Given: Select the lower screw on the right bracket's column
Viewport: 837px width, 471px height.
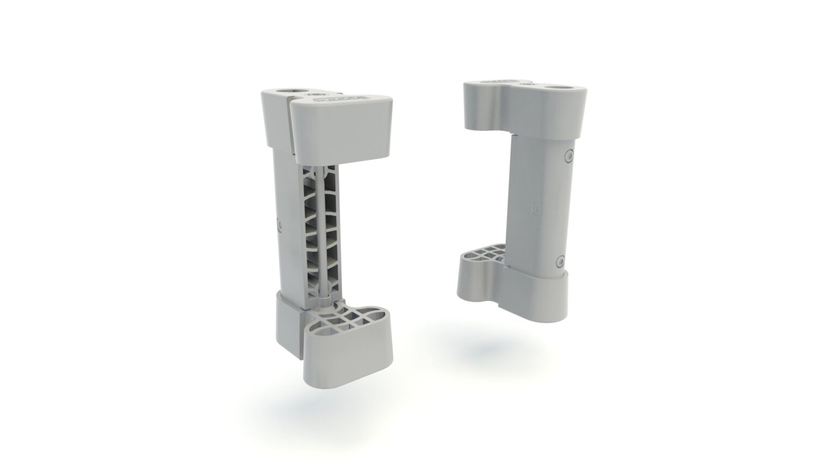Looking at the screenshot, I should pos(559,262).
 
